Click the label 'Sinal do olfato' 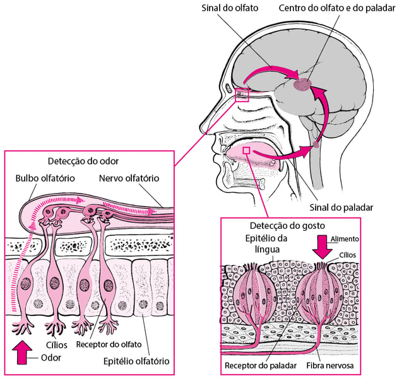click(230, 8)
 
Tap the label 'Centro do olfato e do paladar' click(337, 8)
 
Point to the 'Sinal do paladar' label click(342, 207)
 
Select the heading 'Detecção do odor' click(83, 161)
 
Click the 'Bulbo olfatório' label click(45, 178)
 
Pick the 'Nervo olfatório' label click(129, 178)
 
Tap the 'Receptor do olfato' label click(109, 344)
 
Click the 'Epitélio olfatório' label click(136, 361)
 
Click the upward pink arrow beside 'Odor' click(22, 352)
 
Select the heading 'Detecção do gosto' click(287, 226)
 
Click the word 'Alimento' click(345, 239)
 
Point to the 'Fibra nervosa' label click(330, 366)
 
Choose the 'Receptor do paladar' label click(261, 366)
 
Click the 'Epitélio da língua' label click(267, 243)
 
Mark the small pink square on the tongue click(247, 150)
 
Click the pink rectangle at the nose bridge click(242, 95)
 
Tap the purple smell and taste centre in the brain click(302, 85)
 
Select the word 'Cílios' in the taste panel click(347, 255)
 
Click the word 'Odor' click(51, 358)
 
